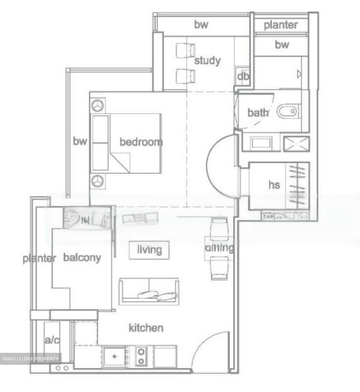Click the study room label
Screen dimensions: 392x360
(x=207, y=61)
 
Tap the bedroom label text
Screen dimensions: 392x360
(x=141, y=142)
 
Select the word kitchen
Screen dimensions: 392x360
(x=146, y=328)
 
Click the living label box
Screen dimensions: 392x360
(x=149, y=250)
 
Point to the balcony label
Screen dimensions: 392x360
(x=82, y=258)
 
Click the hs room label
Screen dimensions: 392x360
(x=274, y=185)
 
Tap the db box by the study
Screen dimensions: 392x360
(x=243, y=76)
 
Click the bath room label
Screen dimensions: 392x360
(x=258, y=112)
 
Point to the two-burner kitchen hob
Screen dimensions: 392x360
(x=141, y=356)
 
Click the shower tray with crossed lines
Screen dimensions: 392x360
(x=296, y=144)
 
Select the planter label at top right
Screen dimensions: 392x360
(x=281, y=25)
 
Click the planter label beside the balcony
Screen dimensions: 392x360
(x=39, y=258)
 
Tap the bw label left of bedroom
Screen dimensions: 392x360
(x=80, y=141)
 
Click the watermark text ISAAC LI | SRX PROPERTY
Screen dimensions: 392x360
(x=31, y=359)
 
